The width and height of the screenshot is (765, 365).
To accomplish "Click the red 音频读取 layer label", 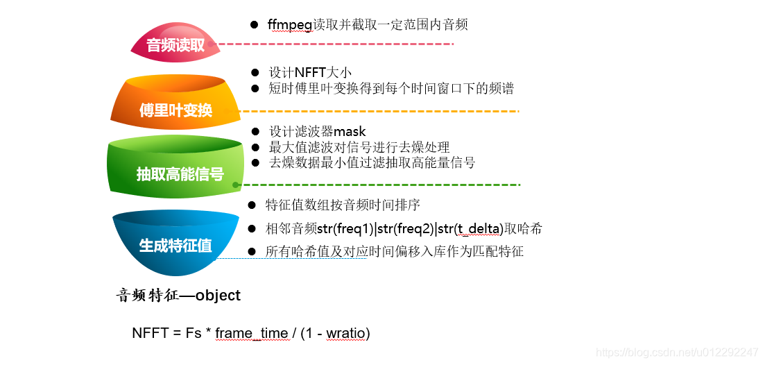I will [175, 46].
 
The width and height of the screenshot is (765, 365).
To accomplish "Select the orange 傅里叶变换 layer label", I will [175, 110].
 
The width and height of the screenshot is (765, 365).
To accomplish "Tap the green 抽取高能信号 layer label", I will [180, 173].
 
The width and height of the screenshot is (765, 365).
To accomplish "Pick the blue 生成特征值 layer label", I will [175, 245].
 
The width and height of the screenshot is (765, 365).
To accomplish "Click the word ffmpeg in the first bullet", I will [290, 25].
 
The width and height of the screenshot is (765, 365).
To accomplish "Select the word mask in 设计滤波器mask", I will [350, 131].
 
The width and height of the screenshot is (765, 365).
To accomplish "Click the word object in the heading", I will [218, 295].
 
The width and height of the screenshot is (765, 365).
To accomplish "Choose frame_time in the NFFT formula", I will [251, 333].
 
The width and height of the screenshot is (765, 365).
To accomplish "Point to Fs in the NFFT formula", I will [193, 333].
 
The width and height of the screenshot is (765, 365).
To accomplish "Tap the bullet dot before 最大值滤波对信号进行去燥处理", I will [255, 147].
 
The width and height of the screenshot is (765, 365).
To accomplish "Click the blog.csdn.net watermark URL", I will [677, 353].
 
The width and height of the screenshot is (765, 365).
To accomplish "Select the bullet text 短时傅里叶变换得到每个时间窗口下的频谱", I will [391, 88].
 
